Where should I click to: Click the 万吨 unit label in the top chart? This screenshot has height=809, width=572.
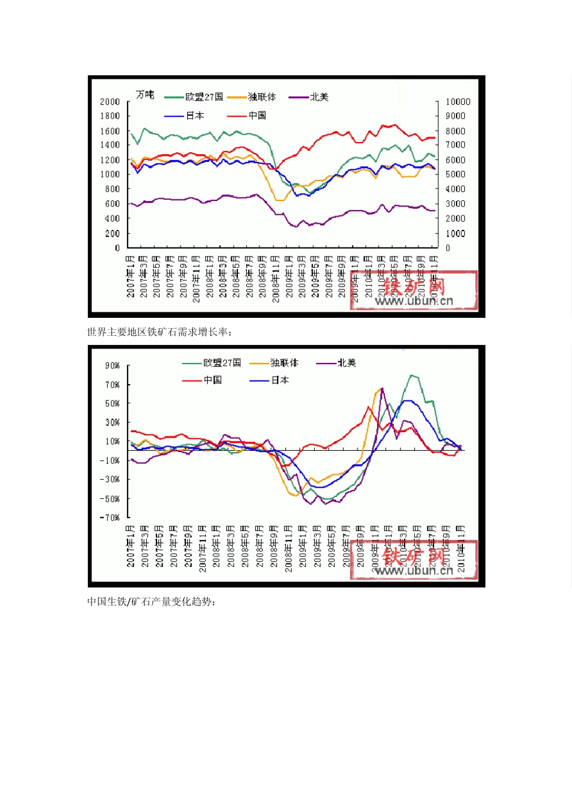pos(145,95)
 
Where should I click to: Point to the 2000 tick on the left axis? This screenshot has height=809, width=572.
pos(110,102)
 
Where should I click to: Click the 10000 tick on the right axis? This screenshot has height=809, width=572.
pos(458,102)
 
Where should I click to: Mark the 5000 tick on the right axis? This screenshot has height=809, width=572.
pos(455,175)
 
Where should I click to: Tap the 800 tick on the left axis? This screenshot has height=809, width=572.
pos(113,189)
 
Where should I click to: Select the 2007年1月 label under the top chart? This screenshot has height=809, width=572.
pos(131,276)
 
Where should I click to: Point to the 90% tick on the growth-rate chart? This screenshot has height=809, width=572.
pos(113,366)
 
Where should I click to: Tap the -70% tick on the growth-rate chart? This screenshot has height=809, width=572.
pos(110,518)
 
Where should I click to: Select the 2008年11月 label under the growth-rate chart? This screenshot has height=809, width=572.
pos(288,547)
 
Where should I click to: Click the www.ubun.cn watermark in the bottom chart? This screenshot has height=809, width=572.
pos(414,571)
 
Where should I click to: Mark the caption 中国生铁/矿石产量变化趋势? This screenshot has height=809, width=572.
pos(151,601)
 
